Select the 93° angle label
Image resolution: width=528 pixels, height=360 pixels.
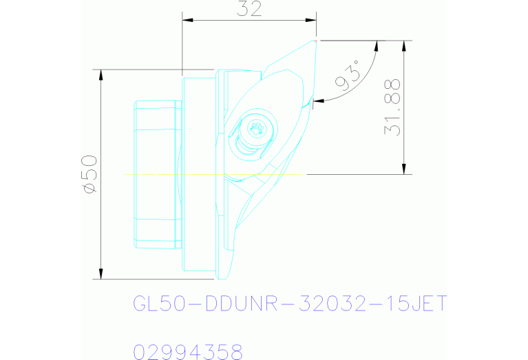pyautogui.click(x=348, y=76)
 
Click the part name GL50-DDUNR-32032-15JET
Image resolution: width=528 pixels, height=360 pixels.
pyautogui.click(x=289, y=304)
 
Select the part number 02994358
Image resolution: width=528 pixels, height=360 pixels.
pyautogui.click(x=187, y=353)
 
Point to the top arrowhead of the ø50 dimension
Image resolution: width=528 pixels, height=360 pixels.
pyautogui.click(x=101, y=73)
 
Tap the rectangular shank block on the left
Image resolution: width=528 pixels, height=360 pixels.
pyautogui.click(x=157, y=174)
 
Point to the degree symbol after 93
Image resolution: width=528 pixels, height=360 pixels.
pyautogui.click(x=357, y=65)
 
